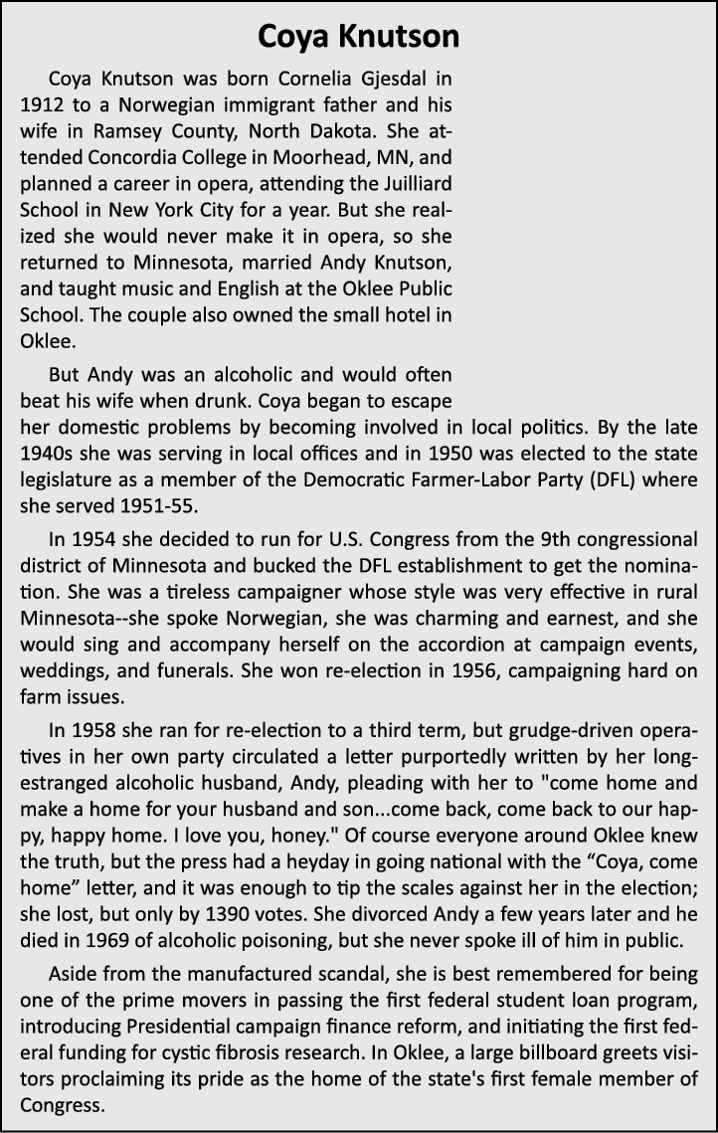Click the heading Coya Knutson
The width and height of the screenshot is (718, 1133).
point(358,37)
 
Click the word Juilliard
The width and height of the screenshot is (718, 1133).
point(409,181)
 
